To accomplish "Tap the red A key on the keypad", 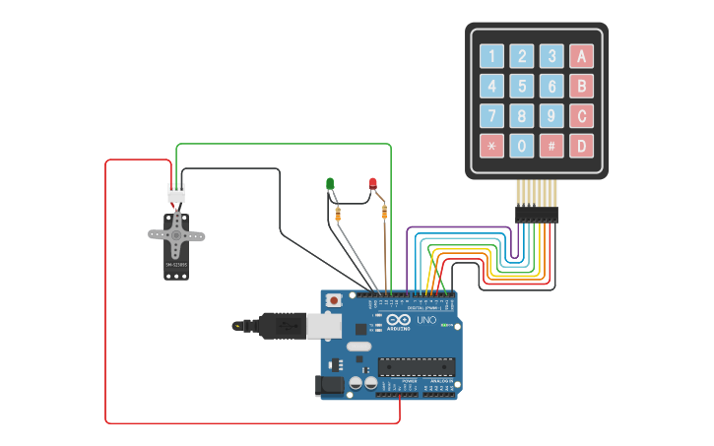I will click(582, 56).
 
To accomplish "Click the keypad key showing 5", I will click(522, 87).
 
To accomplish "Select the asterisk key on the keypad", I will click(491, 147).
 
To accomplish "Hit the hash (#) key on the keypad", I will click(552, 147).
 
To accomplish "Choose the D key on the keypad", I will click(582, 147).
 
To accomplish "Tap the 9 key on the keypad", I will click(552, 116).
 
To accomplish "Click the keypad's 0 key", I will click(522, 147).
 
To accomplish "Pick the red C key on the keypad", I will click(582, 116).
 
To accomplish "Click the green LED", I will click(330, 183).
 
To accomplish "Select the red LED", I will click(373, 183).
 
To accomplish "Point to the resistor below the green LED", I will click(338, 214).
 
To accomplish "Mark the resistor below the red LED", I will click(383, 212).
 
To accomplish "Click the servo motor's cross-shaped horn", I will click(176, 235).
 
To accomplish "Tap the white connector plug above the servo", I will click(176, 194).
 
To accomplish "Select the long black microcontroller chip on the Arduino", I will click(416, 367).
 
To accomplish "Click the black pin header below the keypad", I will click(536, 214).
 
